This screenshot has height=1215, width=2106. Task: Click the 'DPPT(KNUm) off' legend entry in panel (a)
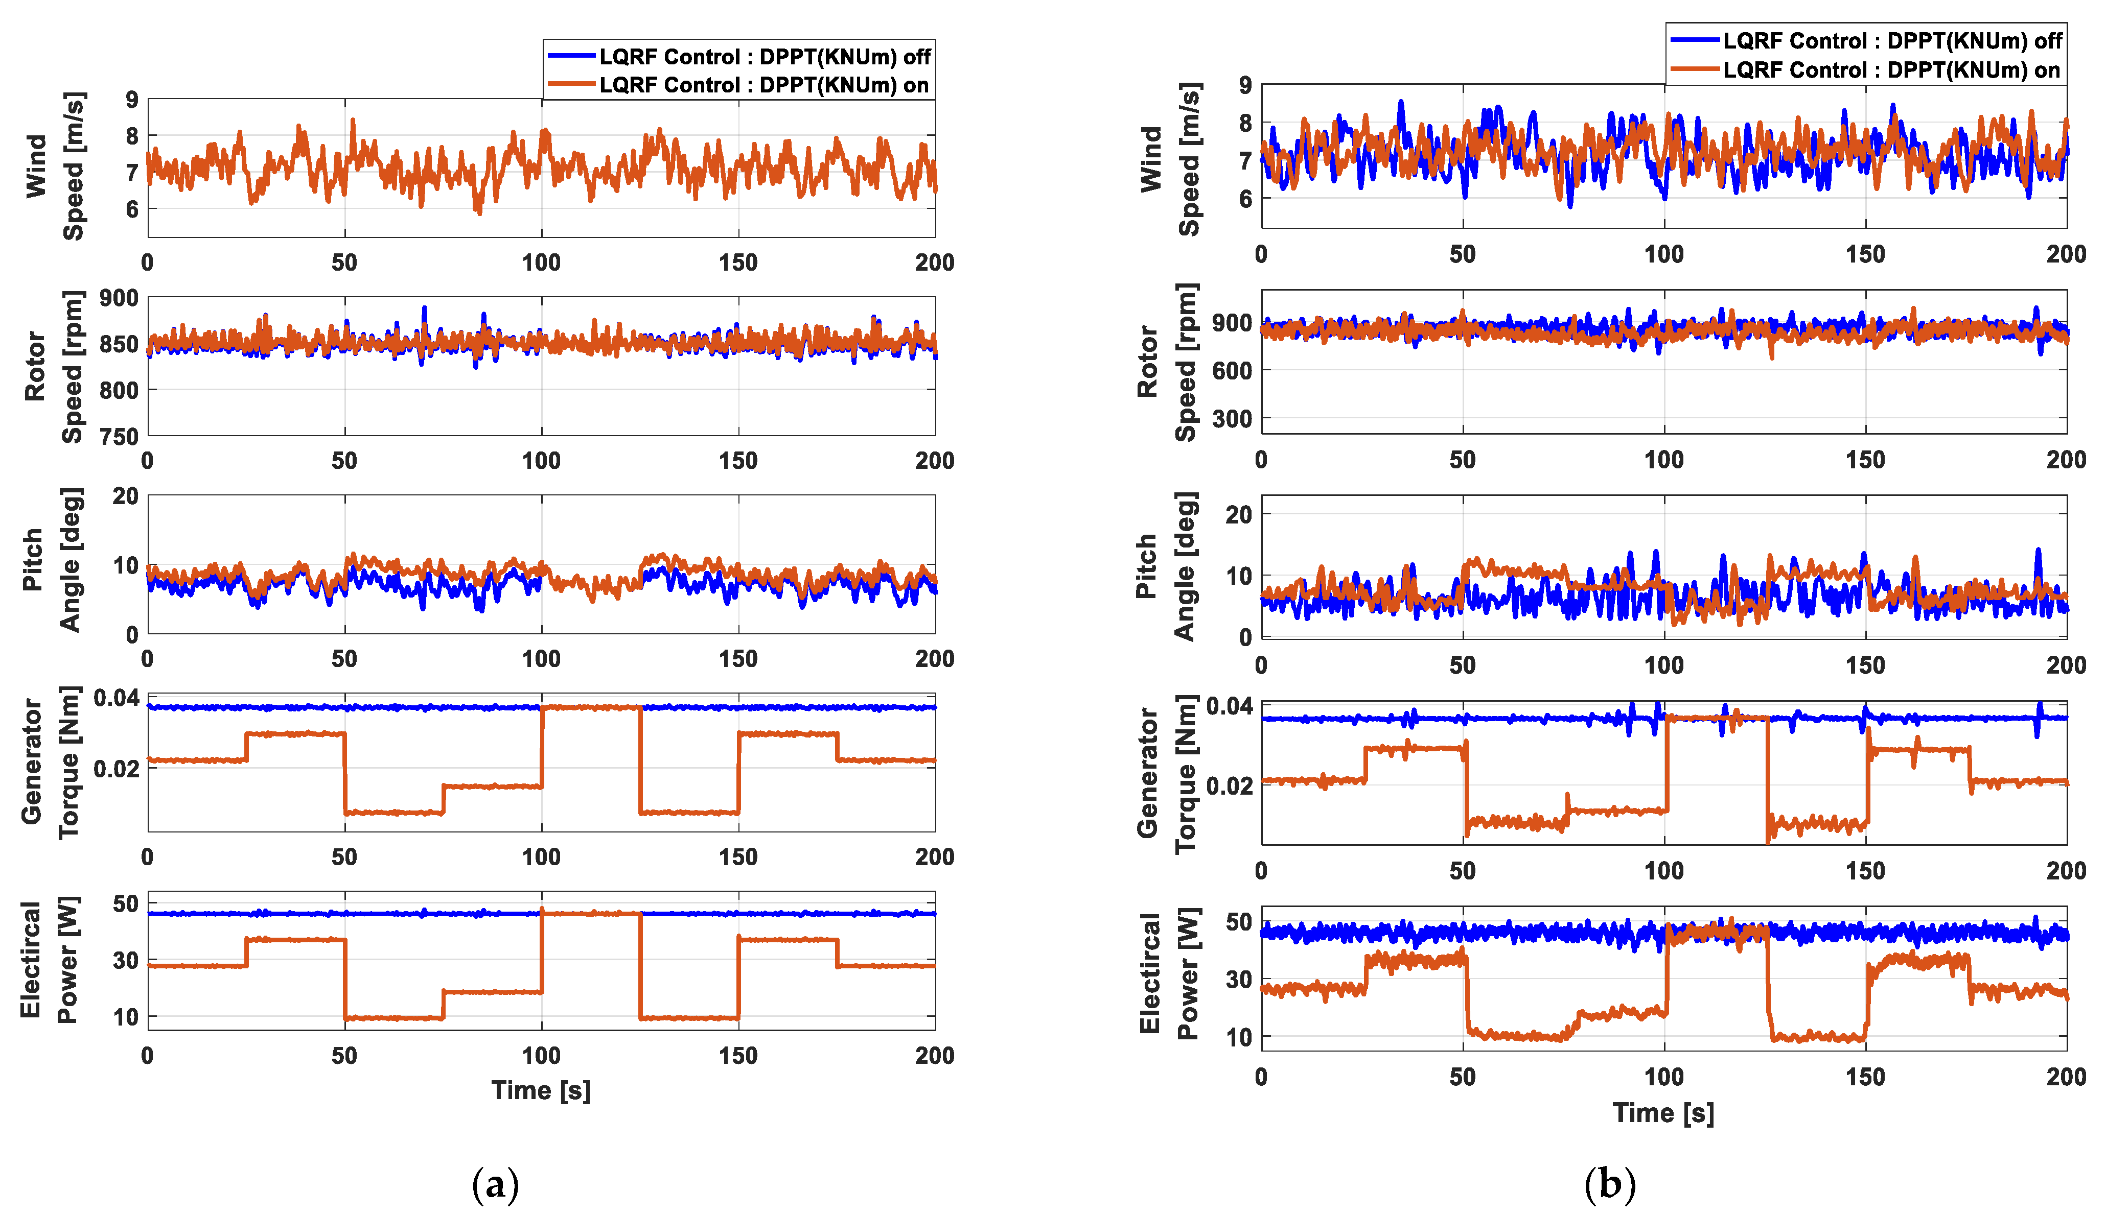click(764, 57)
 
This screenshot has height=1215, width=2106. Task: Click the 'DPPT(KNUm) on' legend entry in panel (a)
click(764, 85)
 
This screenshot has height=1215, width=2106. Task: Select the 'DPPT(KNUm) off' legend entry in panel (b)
click(1891, 41)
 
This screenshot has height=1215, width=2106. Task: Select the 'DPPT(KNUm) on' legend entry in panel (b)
click(1891, 70)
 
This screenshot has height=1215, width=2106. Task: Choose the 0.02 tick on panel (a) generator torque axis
click(115, 768)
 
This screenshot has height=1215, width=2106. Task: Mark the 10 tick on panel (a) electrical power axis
click(126, 1017)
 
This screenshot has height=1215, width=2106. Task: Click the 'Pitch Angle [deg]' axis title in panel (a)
click(52, 561)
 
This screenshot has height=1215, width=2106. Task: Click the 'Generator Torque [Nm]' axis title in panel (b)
click(1166, 773)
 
